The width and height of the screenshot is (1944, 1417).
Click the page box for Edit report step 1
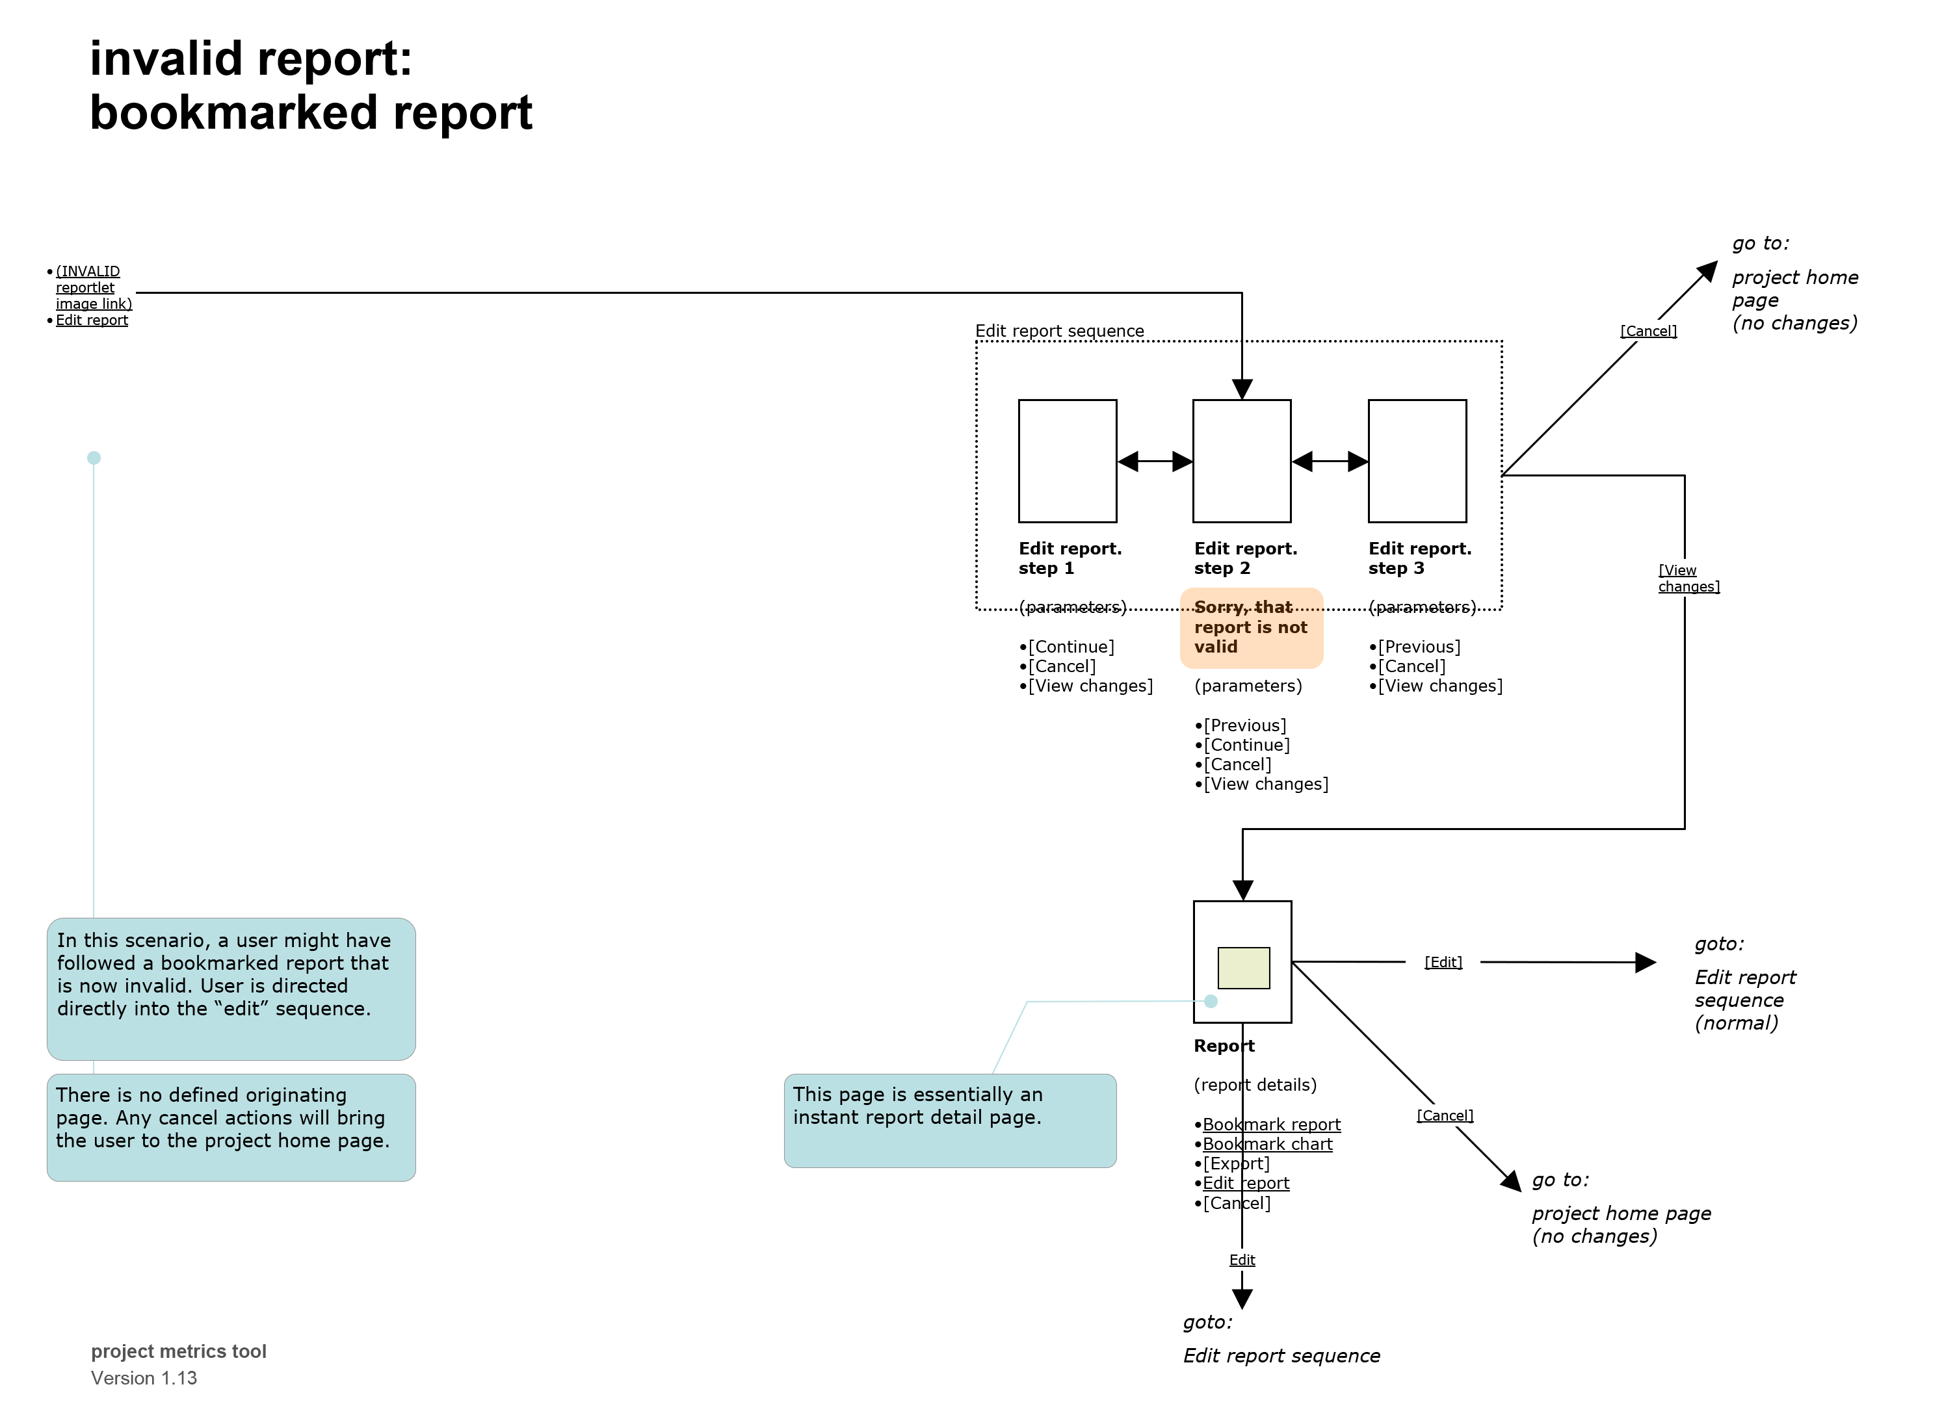click(x=1067, y=461)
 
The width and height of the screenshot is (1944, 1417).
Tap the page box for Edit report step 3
click(x=1417, y=461)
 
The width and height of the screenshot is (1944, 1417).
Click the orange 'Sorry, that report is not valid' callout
click(x=1251, y=628)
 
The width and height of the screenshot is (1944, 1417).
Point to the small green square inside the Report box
click(x=1243, y=968)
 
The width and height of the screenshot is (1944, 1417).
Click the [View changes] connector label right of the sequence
click(x=1687, y=578)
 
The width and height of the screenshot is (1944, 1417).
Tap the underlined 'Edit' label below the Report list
click(x=1241, y=1259)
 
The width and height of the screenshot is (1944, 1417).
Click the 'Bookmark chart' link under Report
click(x=1267, y=1144)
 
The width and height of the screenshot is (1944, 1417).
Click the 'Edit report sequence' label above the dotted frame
click(x=1060, y=331)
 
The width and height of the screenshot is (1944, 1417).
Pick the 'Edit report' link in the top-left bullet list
click(x=92, y=320)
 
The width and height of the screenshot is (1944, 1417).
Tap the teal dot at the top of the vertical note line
click(x=94, y=458)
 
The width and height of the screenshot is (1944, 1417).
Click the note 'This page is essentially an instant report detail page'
click(x=950, y=1119)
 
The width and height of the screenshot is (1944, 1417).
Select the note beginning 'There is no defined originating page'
click(x=231, y=1126)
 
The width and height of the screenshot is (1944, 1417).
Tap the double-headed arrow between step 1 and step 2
click(x=1155, y=461)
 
